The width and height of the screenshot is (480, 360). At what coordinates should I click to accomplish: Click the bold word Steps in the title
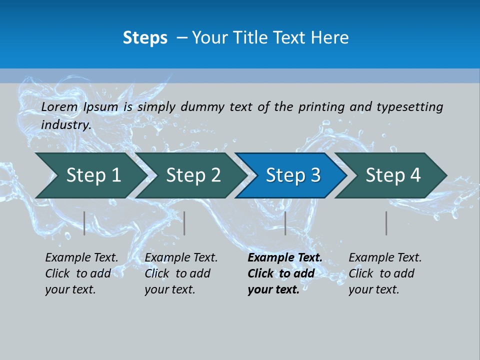pos(145,38)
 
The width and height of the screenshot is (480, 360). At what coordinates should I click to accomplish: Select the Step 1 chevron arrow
pos(90,175)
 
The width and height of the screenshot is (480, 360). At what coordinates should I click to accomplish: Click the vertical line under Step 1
pos(84,223)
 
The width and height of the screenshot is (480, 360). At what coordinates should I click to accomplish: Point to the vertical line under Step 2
pos(184,223)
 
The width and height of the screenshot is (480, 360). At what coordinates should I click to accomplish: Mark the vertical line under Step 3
pos(285,223)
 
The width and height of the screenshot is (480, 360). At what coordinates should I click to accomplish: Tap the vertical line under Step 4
pos(386,223)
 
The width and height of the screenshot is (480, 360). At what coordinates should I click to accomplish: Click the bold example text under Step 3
pos(284,273)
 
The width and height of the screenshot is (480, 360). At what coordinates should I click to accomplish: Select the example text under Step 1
pos(81,273)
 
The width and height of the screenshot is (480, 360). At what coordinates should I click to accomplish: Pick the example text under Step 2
pos(180,273)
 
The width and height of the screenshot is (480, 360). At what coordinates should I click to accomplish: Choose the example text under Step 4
pos(384,273)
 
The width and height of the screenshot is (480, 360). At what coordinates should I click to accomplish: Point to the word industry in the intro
pos(65,124)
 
